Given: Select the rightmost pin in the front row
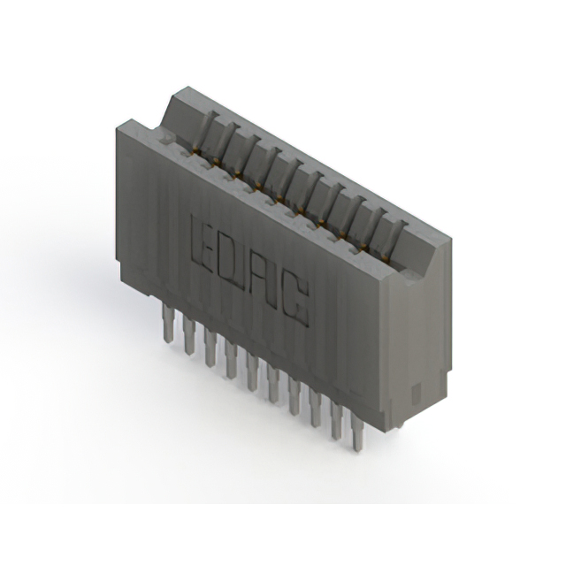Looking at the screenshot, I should tap(356, 433).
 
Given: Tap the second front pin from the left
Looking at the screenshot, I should tap(188, 335).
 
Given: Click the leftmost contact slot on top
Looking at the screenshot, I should tap(204, 132).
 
